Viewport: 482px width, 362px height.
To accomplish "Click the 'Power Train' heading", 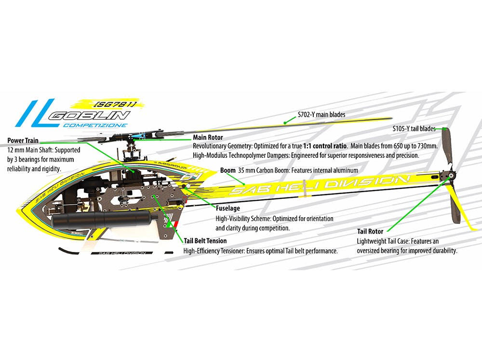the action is pos(23,140).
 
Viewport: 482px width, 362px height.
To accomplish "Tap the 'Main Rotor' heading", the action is pos(208,137).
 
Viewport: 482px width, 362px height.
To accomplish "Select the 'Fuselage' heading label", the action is pos(228,209).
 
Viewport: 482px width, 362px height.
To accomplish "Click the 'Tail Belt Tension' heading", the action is pos(205,241).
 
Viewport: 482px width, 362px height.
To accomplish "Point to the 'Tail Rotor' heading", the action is pos(370,232).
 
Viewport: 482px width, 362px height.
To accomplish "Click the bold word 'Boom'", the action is pos(228,170).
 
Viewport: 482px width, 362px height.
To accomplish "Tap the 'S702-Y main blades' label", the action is pos(321,114).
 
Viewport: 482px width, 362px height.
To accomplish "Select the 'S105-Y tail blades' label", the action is pos(414,129).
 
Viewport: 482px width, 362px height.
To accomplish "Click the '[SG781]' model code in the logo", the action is pos(114,104).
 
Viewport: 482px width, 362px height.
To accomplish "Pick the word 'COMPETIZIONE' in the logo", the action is pos(95,125).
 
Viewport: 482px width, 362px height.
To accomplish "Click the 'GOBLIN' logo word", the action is pos(90,116).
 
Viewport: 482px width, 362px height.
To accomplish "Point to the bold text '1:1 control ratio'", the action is pos(325,146).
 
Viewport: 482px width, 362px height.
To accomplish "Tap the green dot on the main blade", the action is pos(285,123).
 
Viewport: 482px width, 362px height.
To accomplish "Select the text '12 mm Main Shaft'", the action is pos(29,150).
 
